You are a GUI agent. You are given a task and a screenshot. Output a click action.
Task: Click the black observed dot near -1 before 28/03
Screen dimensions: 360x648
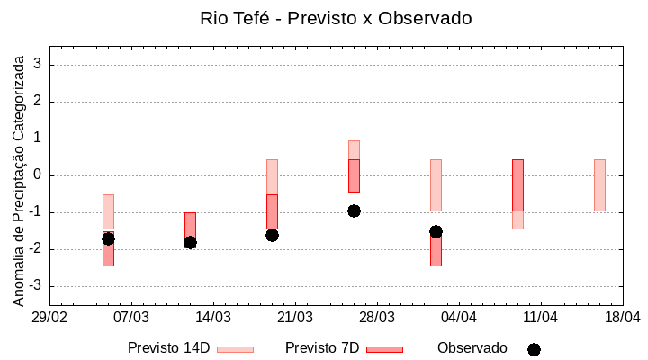tap(354, 211)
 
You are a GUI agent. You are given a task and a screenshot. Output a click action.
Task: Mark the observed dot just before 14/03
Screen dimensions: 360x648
tap(190, 242)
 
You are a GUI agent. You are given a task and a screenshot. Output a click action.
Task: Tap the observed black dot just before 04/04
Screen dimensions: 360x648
tap(436, 231)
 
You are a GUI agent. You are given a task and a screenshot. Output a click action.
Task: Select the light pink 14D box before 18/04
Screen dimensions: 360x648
tap(599, 185)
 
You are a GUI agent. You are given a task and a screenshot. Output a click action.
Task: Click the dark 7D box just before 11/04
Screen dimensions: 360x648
tap(517, 185)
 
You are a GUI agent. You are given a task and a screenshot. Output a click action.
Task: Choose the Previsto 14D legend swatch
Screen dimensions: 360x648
tap(235, 349)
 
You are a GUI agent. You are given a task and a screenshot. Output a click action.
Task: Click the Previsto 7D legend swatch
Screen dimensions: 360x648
tap(384, 349)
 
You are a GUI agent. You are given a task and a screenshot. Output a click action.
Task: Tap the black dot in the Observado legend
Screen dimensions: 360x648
tap(534, 349)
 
